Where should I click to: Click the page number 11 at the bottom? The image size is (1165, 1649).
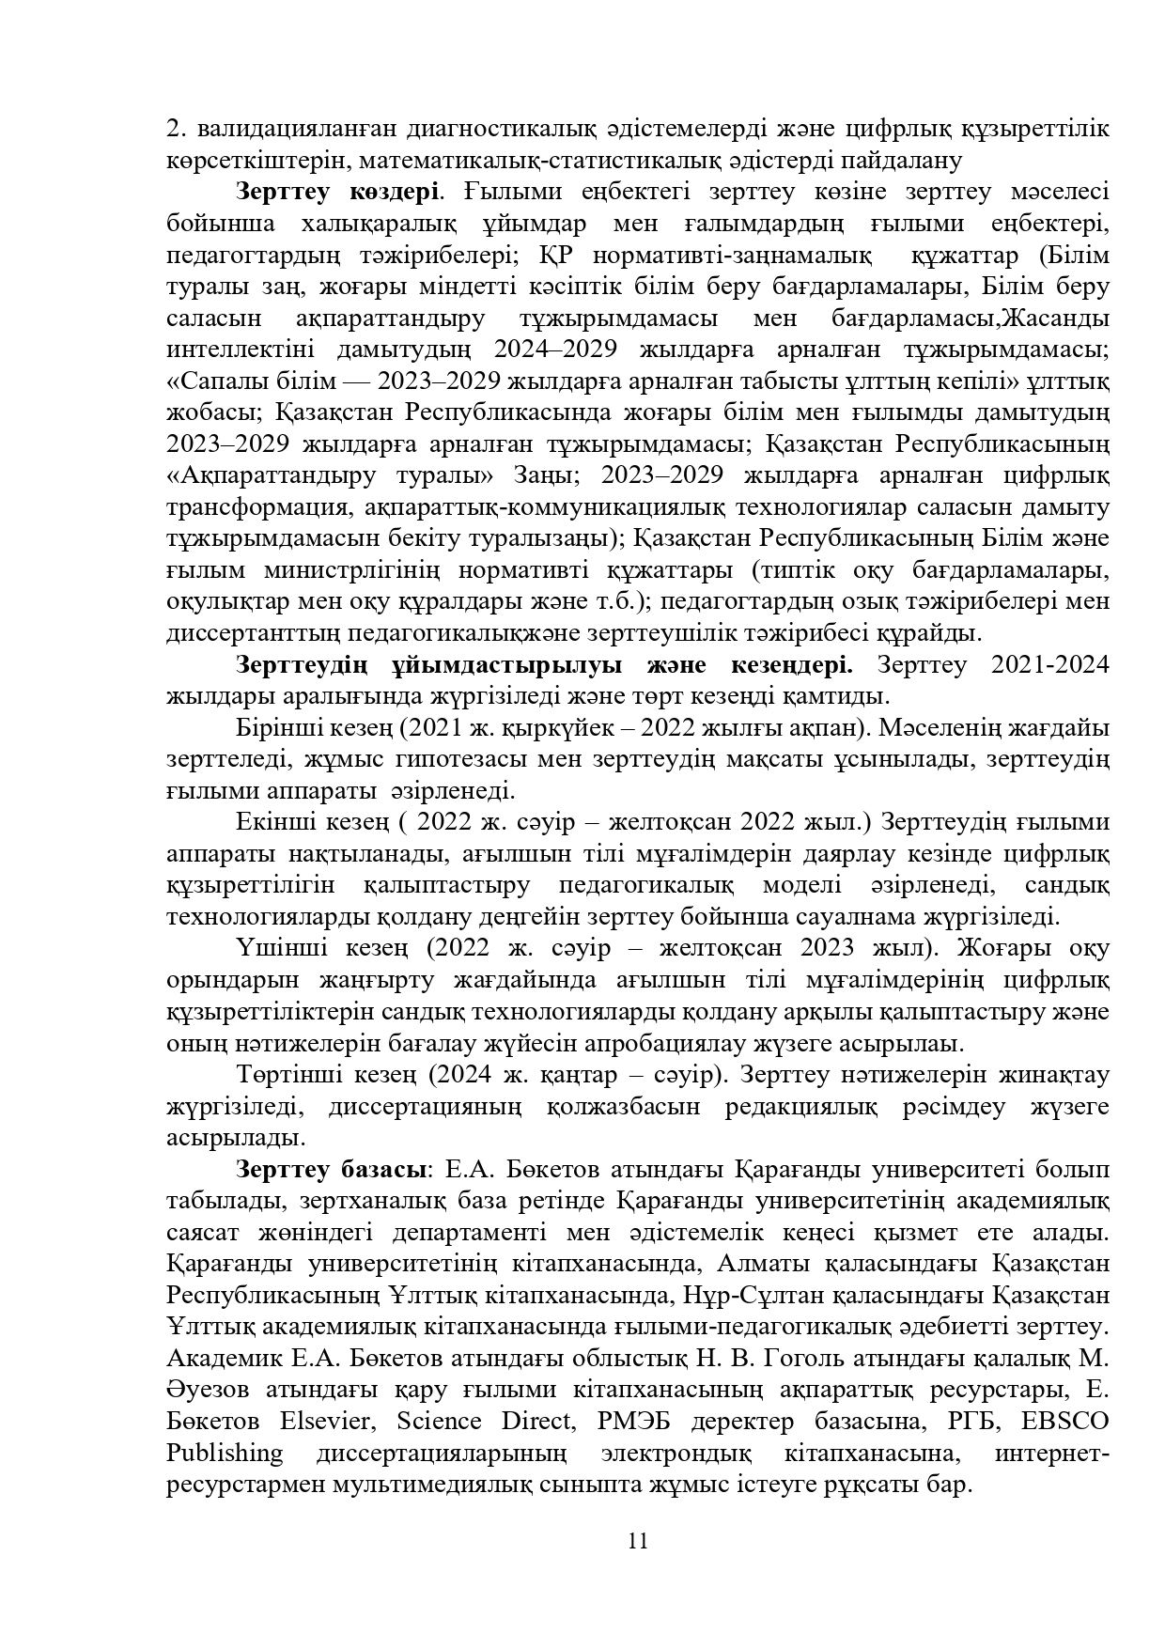(x=638, y=1541)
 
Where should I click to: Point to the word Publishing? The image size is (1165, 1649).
(x=225, y=1453)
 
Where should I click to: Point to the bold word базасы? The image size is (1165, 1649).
(x=377, y=1170)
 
